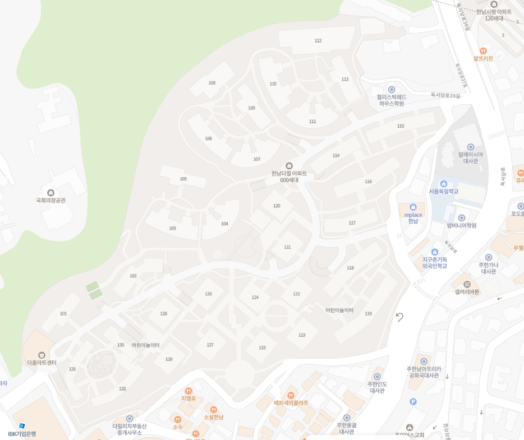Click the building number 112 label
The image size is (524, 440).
pos(318,41)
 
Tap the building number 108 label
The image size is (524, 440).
pos(212,83)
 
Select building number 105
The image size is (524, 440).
pos(183,179)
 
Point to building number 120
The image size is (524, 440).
pos(277,206)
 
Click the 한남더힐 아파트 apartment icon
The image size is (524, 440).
pos(289,165)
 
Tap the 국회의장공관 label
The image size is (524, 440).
pos(50,200)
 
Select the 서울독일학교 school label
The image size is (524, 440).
pos(444,192)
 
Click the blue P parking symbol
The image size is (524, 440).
pos(413,401)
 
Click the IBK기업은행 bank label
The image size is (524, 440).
pos(22,434)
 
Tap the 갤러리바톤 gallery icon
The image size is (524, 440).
pos(467,284)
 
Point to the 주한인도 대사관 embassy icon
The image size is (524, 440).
pos(377,377)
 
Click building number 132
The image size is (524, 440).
pos(122,388)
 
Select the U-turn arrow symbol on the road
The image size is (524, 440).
pos(399,317)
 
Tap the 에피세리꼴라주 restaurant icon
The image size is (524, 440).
pos(291,395)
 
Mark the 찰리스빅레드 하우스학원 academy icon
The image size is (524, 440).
pos(392,89)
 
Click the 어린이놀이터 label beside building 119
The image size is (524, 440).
pos(339,310)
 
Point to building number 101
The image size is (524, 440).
pos(63,313)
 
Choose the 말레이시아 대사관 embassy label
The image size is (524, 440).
pos(470,158)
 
